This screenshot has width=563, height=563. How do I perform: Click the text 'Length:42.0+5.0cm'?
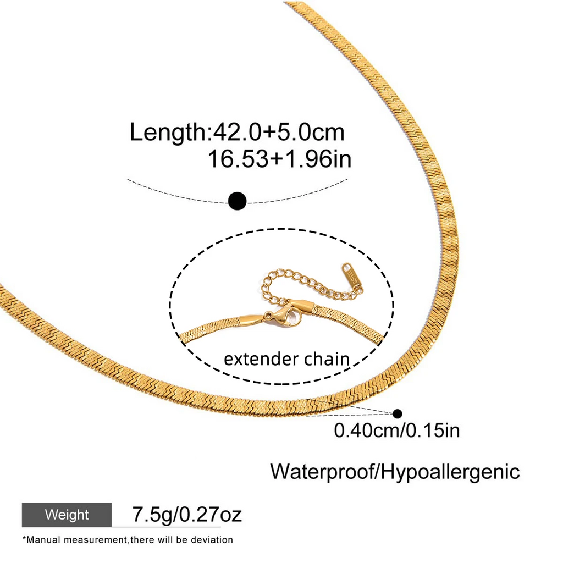236,133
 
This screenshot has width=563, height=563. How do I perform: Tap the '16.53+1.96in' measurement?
279,159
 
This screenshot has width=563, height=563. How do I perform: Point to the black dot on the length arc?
238,201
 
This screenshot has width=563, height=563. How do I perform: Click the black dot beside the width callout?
398,414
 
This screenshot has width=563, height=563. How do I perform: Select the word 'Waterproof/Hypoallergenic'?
395,472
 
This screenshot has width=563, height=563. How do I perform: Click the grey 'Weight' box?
67,515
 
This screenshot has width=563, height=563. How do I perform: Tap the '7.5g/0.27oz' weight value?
187,515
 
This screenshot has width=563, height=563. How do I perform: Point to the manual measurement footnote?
128,540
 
